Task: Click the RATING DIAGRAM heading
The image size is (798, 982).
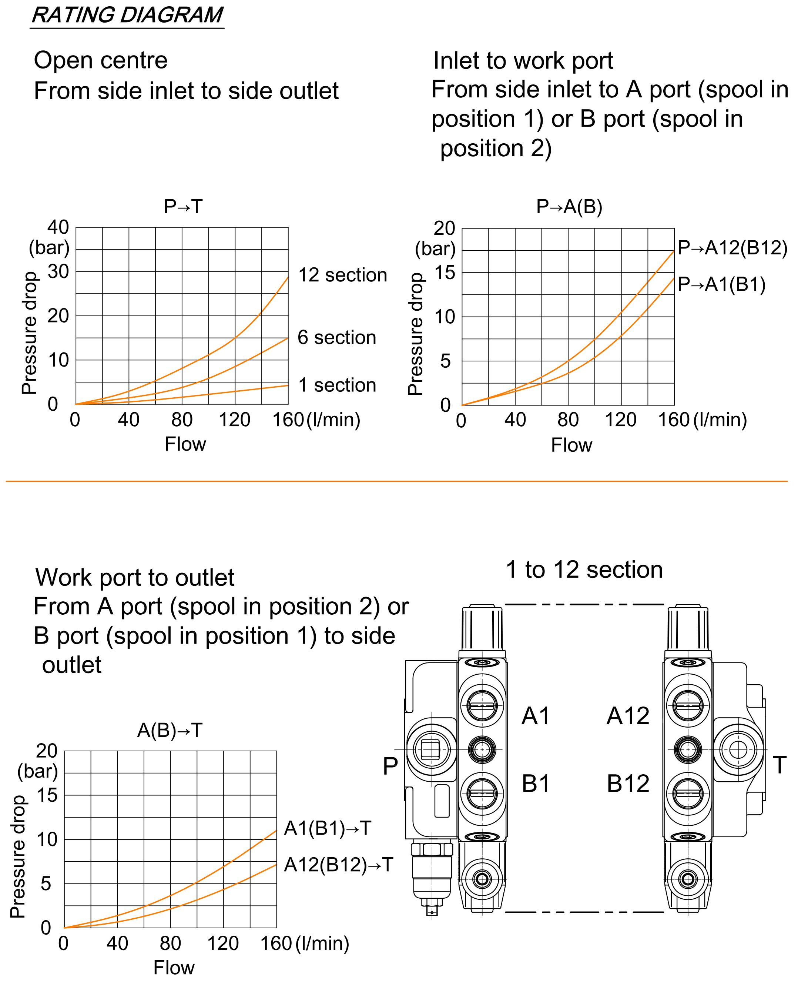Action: [x=127, y=15]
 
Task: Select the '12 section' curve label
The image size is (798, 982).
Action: [x=342, y=275]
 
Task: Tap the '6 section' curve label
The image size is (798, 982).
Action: [x=336, y=338]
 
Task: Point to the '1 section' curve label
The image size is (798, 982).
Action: [x=337, y=385]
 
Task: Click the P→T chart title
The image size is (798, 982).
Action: [x=183, y=207]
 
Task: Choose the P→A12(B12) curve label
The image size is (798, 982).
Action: [x=732, y=248]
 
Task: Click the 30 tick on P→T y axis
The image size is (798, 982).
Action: [x=58, y=272]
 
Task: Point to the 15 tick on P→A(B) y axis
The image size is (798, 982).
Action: [x=445, y=273]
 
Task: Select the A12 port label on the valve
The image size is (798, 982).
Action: [x=628, y=716]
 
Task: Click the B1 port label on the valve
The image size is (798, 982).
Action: [x=536, y=784]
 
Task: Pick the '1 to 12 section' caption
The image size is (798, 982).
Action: [x=584, y=570]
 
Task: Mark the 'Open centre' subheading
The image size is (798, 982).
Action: [x=101, y=60]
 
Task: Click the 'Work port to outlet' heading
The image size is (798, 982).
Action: [x=135, y=578]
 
